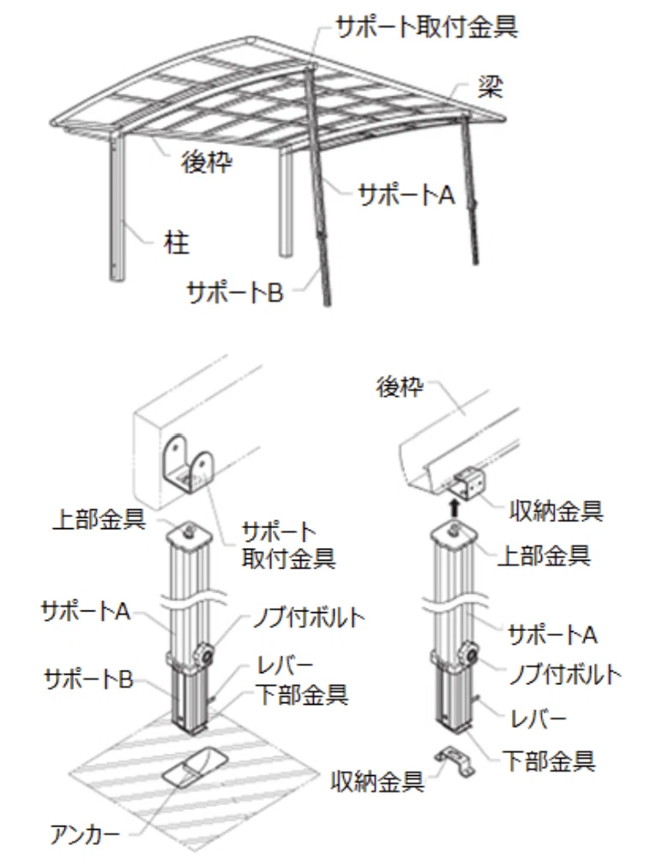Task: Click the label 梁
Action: (491, 87)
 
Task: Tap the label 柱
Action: (177, 243)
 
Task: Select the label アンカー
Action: (85, 834)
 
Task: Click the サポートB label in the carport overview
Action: (235, 292)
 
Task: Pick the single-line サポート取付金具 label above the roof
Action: (427, 26)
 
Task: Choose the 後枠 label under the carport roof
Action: (207, 162)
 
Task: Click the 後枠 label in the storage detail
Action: (400, 387)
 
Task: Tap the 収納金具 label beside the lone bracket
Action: (377, 781)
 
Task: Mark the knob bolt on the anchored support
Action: (207, 654)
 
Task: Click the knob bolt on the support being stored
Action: (471, 654)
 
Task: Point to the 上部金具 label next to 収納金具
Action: (544, 555)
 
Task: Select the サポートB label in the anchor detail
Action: (88, 679)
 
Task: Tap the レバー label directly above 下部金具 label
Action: (285, 665)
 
